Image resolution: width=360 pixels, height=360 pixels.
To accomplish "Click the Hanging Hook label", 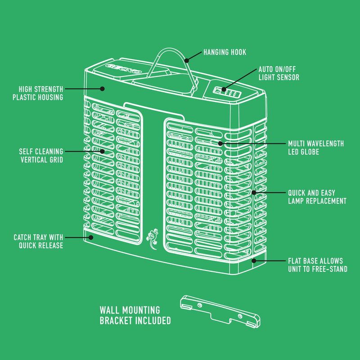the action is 225,52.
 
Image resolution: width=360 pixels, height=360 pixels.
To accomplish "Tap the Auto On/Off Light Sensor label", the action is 279,73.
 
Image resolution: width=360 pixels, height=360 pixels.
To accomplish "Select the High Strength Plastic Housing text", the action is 38,93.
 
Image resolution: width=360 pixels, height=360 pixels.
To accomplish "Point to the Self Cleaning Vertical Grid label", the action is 41,155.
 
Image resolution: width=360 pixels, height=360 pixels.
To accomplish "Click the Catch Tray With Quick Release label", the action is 38,241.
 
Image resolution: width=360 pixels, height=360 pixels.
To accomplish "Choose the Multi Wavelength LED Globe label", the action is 316,148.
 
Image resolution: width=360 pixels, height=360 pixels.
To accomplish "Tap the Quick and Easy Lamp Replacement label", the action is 317,197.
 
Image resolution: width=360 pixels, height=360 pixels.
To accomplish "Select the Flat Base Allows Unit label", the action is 318,265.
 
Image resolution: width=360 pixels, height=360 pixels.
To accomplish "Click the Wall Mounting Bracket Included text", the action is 135,315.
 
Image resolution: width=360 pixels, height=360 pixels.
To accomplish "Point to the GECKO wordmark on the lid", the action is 123,68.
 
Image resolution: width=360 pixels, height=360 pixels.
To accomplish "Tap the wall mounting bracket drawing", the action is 220,311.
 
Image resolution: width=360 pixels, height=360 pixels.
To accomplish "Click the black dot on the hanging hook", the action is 187,61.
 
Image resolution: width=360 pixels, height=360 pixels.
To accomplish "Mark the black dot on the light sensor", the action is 224,89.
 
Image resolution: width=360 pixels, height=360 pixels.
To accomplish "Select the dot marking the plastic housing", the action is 103,89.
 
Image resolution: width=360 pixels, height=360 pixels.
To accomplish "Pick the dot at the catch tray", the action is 91,238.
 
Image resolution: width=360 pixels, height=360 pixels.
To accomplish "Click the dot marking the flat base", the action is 254,261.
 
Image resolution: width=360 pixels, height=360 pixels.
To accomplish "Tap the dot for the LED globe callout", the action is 220,144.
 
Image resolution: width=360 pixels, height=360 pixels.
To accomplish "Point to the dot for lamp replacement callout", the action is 254,193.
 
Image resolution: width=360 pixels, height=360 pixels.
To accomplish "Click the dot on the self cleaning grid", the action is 103,151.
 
